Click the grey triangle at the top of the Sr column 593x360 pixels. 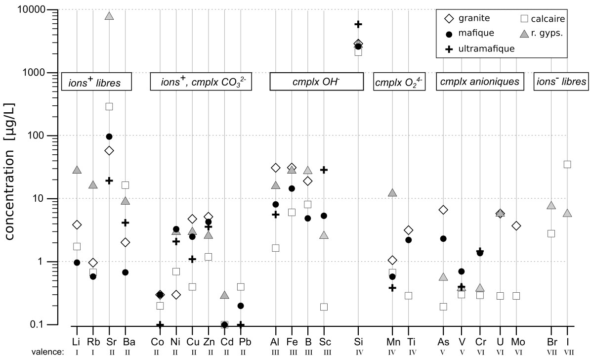pos(109,16)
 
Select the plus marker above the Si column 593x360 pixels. pos(358,24)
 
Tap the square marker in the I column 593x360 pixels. pos(567,164)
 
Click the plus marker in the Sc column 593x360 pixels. pos(324,170)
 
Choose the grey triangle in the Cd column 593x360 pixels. pos(224,295)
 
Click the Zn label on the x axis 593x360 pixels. pos(208,342)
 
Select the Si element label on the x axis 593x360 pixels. pos(358,342)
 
